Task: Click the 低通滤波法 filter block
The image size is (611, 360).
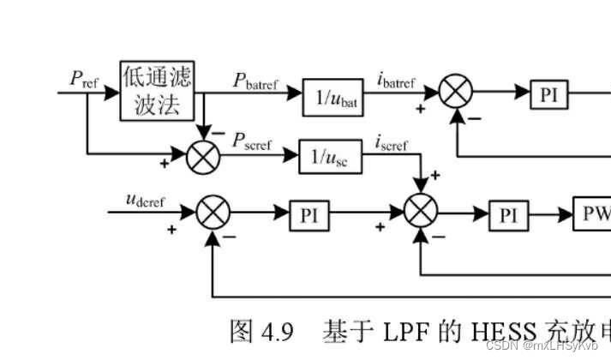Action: [x=157, y=90]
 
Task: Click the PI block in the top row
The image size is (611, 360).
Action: [x=548, y=93]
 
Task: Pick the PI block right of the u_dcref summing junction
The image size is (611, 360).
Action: [x=308, y=216]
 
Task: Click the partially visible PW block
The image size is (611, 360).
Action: [x=592, y=216]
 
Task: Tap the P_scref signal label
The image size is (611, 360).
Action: [x=253, y=144]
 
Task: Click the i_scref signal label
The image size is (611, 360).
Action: [x=392, y=144]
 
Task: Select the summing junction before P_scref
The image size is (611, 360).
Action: [x=202, y=154]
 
